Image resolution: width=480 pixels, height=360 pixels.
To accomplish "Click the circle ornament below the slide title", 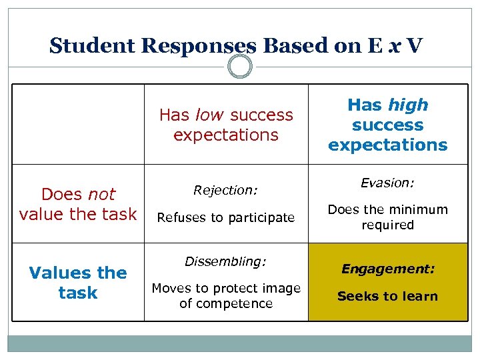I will (x=240, y=67).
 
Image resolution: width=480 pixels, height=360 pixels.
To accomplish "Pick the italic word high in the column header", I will (x=408, y=105).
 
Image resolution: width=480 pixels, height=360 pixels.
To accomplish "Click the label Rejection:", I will (x=225, y=191).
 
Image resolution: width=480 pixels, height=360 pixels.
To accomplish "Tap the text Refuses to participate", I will (x=225, y=217).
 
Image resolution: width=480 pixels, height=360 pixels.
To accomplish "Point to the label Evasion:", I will (x=387, y=183).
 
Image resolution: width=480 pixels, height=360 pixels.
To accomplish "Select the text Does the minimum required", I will (x=387, y=217).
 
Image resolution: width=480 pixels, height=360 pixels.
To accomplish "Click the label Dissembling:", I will (x=225, y=262).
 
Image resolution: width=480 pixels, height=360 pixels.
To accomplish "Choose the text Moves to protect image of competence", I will (x=225, y=296).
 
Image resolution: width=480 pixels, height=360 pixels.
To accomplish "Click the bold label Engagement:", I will (x=387, y=269).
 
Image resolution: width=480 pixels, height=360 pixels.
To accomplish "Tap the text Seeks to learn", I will (x=387, y=297).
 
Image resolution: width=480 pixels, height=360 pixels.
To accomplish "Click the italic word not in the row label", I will (x=101, y=195).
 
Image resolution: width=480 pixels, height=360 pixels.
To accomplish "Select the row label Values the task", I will (x=78, y=283).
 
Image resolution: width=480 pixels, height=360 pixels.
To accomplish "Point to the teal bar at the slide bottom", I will (x=240, y=343).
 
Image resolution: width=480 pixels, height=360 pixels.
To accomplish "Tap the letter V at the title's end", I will (x=413, y=46).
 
